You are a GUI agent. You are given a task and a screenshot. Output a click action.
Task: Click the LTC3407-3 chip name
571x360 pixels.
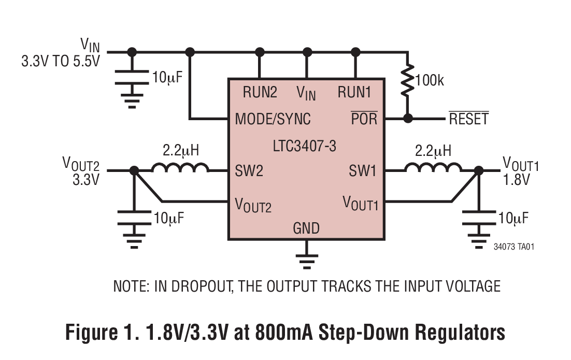point(304,147)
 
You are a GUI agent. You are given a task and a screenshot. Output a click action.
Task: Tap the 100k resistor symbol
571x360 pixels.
point(408,81)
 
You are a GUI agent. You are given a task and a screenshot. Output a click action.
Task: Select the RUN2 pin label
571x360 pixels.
point(260,93)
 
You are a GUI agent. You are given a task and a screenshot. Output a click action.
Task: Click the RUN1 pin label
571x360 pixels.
point(354,93)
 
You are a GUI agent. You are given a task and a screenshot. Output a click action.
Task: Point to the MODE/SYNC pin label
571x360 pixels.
point(273,119)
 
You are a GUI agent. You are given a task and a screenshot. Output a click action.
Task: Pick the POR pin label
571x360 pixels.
point(364,119)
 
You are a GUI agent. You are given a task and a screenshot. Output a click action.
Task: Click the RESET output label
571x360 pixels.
point(468,119)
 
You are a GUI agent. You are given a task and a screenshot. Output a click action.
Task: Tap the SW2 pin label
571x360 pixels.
point(249,171)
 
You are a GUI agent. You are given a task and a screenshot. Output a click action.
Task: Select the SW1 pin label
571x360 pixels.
point(362,171)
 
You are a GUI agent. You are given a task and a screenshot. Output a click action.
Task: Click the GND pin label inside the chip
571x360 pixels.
point(306,228)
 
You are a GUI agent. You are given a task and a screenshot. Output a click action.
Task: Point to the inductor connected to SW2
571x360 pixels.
point(180,168)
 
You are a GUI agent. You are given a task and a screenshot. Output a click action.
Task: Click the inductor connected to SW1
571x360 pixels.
point(433,168)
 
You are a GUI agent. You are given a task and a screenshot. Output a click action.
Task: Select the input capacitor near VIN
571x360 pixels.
point(132,77)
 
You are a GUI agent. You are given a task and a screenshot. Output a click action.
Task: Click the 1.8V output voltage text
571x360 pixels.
point(517,180)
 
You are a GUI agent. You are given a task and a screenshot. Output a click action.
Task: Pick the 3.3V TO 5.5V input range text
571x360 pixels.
point(60,61)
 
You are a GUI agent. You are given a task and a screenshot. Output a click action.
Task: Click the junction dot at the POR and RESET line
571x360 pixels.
point(408,118)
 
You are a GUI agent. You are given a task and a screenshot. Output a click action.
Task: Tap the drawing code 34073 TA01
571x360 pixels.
point(513,247)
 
